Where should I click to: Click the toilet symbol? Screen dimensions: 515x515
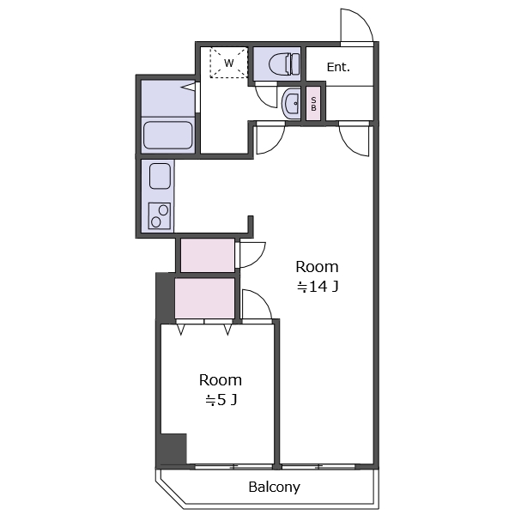[x=284, y=64]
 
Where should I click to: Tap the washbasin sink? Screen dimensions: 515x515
[x=291, y=104]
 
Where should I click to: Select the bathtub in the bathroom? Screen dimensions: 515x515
[x=168, y=135]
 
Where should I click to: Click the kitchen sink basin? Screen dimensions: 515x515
[x=160, y=176]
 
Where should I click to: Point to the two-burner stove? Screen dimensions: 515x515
[x=160, y=215]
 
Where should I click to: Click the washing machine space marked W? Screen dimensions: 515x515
[x=228, y=63]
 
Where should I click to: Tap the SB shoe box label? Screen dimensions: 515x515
[x=313, y=104]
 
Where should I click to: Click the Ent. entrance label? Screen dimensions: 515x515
[x=338, y=67]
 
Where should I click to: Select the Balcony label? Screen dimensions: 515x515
[x=275, y=487]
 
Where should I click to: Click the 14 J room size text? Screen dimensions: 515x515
[x=318, y=287]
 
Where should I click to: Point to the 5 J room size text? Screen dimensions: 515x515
[x=221, y=400]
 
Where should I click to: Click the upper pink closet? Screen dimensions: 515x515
[x=208, y=255]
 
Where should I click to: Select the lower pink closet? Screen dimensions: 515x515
[x=204, y=298]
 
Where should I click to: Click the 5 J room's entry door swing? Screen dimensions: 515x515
[x=262, y=300]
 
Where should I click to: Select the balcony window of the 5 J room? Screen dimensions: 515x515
[x=233, y=466]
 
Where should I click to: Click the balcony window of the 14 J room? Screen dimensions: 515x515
[x=318, y=466]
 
